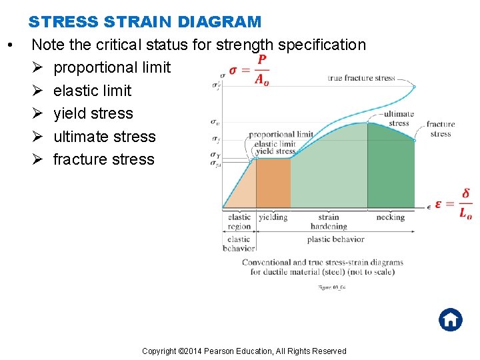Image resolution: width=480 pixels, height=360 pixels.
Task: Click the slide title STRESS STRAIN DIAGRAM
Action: [145, 21]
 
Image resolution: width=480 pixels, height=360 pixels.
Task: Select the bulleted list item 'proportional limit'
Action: [112, 67]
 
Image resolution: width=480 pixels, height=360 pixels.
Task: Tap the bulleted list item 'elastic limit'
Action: [92, 91]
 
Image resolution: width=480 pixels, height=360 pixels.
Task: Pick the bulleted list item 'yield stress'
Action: [93, 113]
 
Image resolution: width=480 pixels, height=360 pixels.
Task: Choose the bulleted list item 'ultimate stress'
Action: [104, 137]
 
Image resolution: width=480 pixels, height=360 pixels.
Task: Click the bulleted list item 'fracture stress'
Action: [103, 159]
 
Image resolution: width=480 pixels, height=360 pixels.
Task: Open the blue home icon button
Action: [450, 319]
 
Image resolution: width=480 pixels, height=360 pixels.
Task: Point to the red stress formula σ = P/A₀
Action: [249, 70]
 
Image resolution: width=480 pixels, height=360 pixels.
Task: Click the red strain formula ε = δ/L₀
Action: [453, 204]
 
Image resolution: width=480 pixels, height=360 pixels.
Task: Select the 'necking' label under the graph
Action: [390, 217]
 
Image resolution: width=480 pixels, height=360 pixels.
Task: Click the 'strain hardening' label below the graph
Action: [329, 221]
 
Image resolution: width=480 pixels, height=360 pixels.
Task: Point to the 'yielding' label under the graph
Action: [273, 217]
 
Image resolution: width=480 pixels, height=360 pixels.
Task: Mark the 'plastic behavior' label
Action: [336, 239]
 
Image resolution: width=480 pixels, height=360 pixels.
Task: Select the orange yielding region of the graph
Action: [273, 183]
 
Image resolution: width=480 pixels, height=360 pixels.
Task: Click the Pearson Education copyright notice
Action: [244, 351]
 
